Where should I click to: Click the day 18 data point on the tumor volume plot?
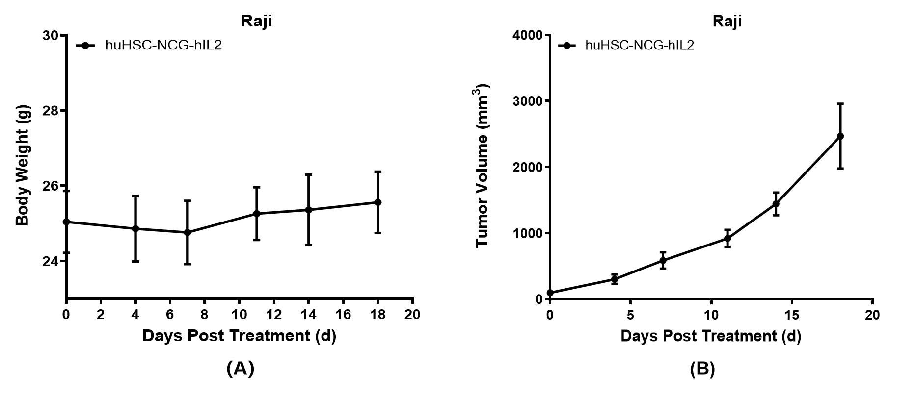pyautogui.click(x=840, y=136)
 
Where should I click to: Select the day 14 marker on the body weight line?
pyautogui.click(x=308, y=210)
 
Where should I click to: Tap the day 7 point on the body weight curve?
pyautogui.click(x=187, y=232)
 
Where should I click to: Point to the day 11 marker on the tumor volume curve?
pyautogui.click(x=727, y=239)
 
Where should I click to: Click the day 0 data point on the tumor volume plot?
pyautogui.click(x=550, y=293)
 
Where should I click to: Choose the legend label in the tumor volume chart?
pyautogui.click(x=639, y=46)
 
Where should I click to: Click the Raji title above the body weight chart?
pyautogui.click(x=256, y=21)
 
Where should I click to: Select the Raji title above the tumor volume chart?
pyautogui.click(x=727, y=21)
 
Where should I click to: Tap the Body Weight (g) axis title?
pyautogui.click(x=23, y=165)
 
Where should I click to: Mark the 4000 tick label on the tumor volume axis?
pyautogui.click(x=527, y=35)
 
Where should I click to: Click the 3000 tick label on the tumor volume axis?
pyautogui.click(x=527, y=101)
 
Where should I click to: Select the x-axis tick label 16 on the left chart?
pyautogui.click(x=343, y=314)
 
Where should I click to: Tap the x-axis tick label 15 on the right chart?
pyautogui.click(x=791, y=314)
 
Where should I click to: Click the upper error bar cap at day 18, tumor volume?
pyautogui.click(x=840, y=104)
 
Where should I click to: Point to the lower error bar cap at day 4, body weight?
pyautogui.click(x=135, y=261)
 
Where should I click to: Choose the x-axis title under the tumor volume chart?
pyautogui.click(x=710, y=336)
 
